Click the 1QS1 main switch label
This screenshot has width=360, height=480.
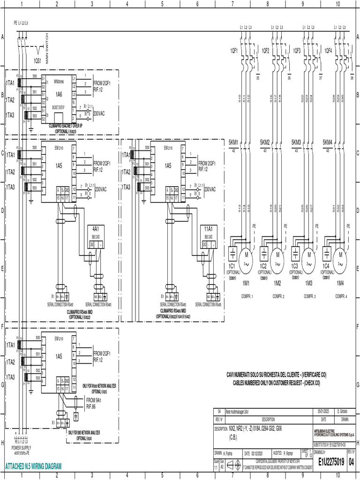(x=37, y=61)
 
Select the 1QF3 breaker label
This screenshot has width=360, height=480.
(x=297, y=50)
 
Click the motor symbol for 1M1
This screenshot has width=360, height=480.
(x=246, y=256)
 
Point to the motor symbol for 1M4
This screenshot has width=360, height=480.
(x=340, y=256)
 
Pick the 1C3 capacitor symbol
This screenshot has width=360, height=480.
(x=295, y=256)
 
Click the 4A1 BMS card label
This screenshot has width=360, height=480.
(x=96, y=228)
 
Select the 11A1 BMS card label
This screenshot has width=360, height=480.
(x=210, y=228)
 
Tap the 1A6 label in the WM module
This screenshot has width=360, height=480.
(x=59, y=94)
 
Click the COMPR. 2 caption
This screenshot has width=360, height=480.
(x=277, y=296)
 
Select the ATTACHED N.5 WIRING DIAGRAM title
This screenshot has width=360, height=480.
(x=33, y=466)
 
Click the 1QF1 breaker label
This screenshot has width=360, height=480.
(x=234, y=50)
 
